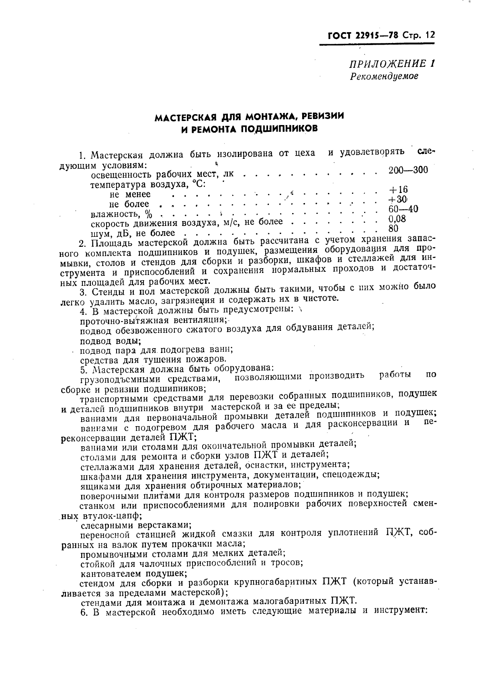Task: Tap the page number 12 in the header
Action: (429, 35)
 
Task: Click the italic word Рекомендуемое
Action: (384, 76)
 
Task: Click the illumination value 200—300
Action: (408, 170)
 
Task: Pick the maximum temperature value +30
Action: (398, 199)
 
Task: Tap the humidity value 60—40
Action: (403, 209)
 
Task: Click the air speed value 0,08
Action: (397, 219)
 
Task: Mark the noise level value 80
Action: (393, 228)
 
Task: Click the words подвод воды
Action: (111, 341)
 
